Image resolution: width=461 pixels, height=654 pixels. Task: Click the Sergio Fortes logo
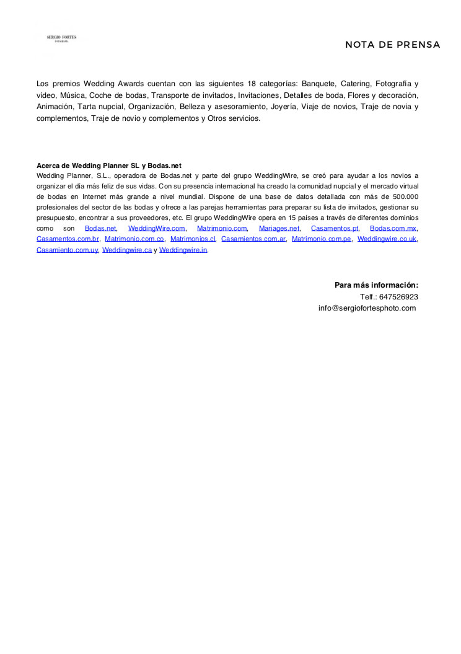click(61, 38)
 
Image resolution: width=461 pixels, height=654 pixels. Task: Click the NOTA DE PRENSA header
click(392, 45)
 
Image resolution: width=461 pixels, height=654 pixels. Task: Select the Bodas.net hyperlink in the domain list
click(100, 228)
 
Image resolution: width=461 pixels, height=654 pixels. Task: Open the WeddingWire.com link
click(157, 228)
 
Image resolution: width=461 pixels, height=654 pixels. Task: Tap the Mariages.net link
click(279, 228)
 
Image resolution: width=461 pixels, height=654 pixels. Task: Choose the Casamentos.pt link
click(335, 228)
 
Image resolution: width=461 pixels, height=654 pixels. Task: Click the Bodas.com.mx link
click(393, 228)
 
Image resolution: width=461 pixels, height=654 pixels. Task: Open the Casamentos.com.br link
click(68, 239)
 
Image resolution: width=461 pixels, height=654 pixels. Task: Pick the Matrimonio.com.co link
click(134, 239)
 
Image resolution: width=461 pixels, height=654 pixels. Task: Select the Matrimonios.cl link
click(193, 239)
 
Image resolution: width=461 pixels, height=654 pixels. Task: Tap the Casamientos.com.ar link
click(253, 239)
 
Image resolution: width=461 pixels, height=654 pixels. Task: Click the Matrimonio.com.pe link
click(322, 239)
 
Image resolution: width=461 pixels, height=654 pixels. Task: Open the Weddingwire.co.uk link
click(387, 239)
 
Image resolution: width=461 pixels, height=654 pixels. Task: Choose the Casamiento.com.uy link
click(67, 250)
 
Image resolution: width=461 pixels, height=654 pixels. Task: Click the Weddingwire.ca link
click(127, 250)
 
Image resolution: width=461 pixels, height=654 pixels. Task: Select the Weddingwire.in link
click(183, 250)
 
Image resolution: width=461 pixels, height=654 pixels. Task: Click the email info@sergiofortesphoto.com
click(367, 308)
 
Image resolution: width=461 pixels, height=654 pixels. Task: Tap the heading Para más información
click(376, 285)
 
